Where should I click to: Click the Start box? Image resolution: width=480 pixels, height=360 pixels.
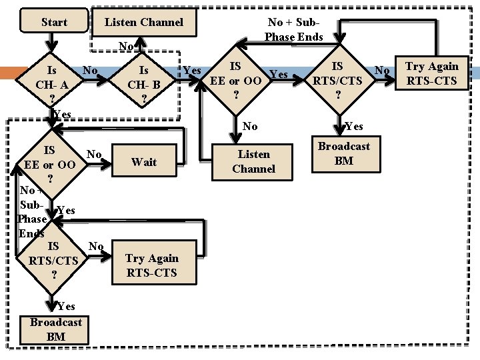point(54,22)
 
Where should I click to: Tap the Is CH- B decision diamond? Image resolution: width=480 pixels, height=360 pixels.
point(144,85)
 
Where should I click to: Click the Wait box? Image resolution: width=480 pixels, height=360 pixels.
point(144,162)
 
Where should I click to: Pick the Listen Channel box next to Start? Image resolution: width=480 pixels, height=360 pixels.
point(143,22)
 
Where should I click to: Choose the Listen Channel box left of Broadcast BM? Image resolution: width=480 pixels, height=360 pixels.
point(253,162)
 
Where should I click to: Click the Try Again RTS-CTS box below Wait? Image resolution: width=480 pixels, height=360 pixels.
point(152,265)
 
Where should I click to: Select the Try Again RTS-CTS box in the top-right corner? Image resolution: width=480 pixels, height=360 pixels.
point(432,73)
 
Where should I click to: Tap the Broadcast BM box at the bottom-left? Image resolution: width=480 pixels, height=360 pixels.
point(56,329)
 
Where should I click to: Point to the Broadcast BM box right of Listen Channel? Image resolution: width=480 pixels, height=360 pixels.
point(343,153)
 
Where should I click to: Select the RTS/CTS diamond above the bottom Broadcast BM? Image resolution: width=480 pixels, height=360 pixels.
point(53,261)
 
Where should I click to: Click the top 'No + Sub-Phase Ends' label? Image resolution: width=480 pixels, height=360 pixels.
point(295,30)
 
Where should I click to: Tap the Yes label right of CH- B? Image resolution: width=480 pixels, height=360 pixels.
point(192,71)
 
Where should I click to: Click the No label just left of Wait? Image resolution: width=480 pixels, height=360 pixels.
point(95,155)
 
